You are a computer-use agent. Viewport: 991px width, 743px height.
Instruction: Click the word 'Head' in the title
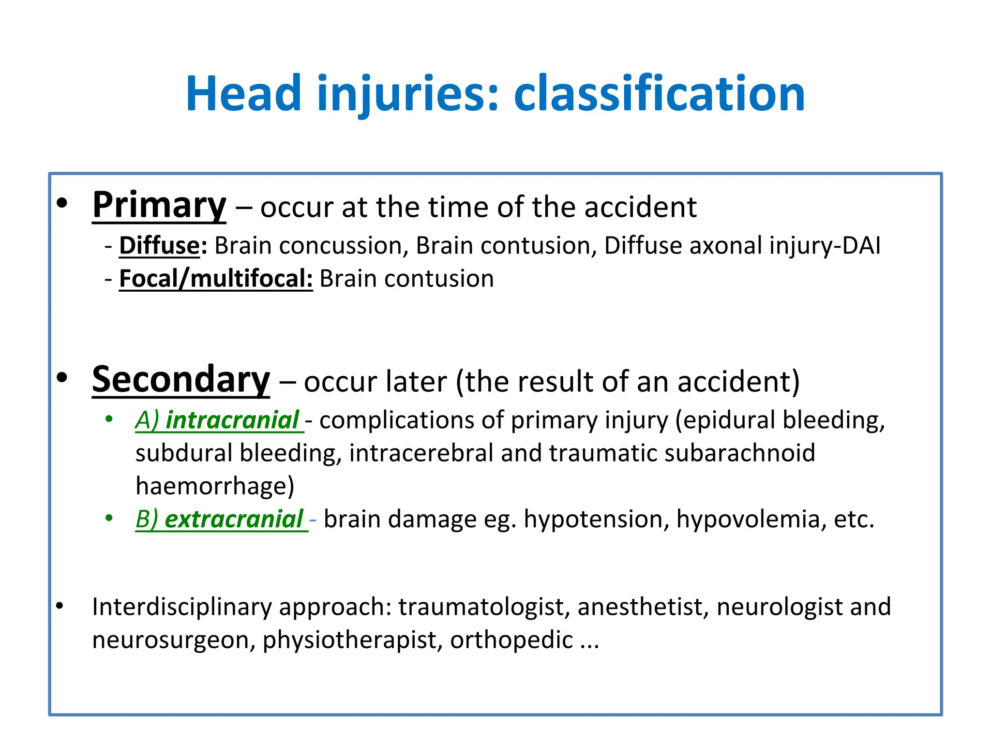point(243,94)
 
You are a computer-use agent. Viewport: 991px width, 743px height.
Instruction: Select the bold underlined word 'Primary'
point(159,206)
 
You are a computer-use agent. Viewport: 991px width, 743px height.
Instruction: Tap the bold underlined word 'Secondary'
point(181,380)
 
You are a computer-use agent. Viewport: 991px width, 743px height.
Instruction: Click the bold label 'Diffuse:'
point(163,246)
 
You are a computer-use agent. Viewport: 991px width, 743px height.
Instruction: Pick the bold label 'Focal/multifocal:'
point(216,279)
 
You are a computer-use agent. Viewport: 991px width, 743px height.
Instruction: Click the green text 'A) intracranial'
point(219,420)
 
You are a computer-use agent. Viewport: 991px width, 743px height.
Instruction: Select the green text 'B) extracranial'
point(221,520)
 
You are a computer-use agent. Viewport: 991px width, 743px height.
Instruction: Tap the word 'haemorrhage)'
point(215,486)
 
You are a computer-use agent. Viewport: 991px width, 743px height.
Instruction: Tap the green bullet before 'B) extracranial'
point(109,519)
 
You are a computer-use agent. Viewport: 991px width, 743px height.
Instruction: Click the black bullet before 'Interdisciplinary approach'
point(60,606)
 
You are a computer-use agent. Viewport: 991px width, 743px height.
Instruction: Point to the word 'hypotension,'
point(596,520)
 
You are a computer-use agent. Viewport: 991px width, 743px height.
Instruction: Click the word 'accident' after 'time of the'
point(640,208)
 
